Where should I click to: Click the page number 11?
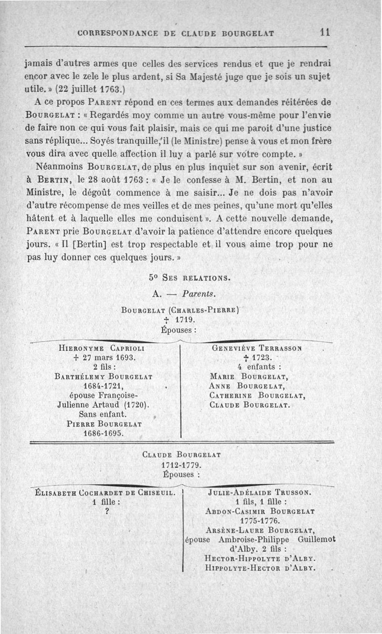click(326, 32)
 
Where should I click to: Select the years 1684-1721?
click(104, 386)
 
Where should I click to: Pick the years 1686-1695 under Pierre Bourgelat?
click(104, 433)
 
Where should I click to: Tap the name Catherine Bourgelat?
click(257, 396)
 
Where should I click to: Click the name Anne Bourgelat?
click(247, 386)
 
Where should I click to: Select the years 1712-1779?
click(181, 465)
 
